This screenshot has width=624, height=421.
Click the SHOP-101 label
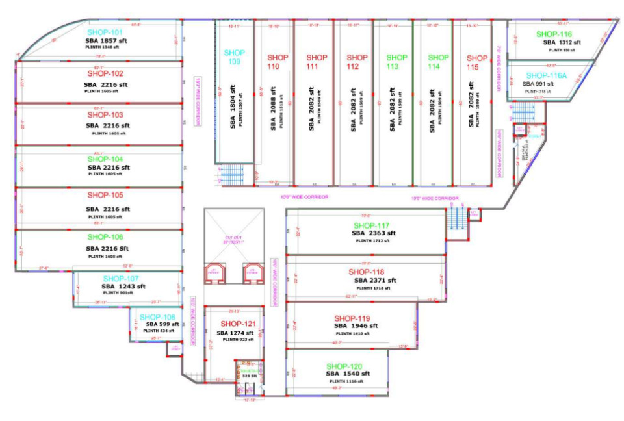point(105,32)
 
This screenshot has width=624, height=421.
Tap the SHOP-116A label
point(546,75)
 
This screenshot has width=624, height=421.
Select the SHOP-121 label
point(238,324)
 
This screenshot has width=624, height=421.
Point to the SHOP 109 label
point(235,57)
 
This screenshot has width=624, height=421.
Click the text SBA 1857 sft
point(107,40)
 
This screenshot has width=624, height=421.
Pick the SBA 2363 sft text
point(373,233)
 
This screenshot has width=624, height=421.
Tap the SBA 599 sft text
point(162,324)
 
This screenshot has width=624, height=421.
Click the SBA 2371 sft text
point(374,280)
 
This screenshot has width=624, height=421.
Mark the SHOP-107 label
point(121,278)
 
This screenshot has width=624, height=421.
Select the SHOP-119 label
point(352,318)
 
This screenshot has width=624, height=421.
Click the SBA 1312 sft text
point(562,42)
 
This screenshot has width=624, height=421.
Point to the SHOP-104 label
point(105,159)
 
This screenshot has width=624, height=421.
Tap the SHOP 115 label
point(477,62)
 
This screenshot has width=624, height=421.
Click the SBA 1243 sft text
point(123,286)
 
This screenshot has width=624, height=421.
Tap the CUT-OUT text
point(233,238)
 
